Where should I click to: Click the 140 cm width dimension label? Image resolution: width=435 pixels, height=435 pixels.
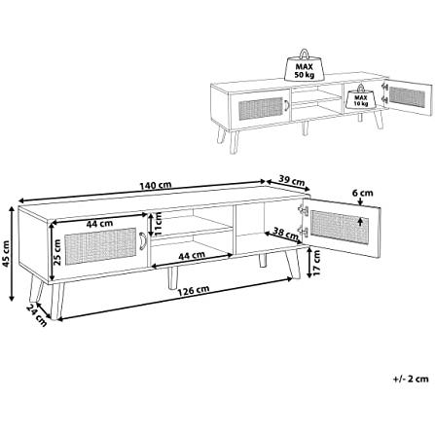coord(156,186)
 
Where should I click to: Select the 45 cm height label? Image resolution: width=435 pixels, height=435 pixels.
coord(5,253)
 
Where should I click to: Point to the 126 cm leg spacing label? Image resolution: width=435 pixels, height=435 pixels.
coord(194,289)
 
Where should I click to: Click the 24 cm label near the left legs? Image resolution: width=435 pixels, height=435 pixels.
coord(36,315)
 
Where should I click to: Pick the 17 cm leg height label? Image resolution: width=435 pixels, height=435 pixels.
coord(317,263)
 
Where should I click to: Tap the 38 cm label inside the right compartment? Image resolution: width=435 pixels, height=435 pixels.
coord(286,234)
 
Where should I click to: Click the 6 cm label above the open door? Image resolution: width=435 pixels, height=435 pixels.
coord(363,193)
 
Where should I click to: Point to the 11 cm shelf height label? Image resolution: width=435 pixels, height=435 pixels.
coord(158,224)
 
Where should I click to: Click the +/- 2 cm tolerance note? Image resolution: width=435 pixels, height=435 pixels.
coord(411,379)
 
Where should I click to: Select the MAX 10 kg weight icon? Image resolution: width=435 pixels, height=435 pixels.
coord(361,97)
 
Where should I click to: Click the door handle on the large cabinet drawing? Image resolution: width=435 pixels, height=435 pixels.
coord(142,241)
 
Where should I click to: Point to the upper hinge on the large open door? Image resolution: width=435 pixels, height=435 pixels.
coord(303,209)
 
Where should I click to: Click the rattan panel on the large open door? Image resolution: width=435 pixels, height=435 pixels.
coord(340,227)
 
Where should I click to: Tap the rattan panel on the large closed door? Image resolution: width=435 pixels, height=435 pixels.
coord(100,246)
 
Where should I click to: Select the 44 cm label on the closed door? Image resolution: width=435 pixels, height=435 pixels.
coord(99,223)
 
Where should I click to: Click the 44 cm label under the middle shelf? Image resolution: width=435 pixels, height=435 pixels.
coord(192,255)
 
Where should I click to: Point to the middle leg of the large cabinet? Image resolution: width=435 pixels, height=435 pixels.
coord(173,278)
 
